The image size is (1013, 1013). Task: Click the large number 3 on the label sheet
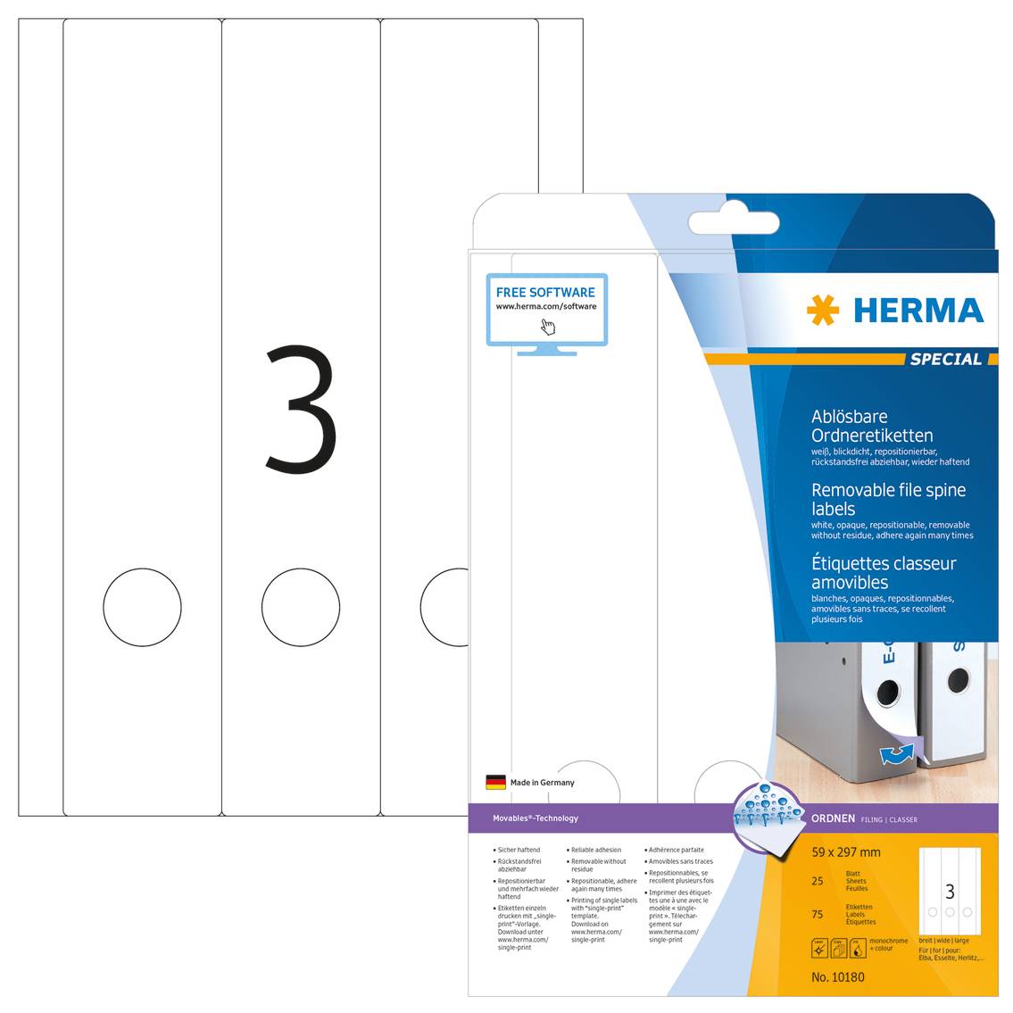pos(301,411)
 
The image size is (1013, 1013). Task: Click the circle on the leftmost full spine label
pos(142,608)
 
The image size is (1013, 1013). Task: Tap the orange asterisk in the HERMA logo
pos(822,311)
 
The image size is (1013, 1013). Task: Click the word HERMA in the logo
pos(918,311)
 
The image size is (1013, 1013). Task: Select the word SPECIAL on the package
pos(945,359)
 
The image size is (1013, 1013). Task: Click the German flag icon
pos(495,783)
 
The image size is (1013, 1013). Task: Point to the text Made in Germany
pos(542,783)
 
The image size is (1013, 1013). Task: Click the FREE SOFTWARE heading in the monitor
pos(545,293)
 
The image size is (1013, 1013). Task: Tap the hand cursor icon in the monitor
pos(547,327)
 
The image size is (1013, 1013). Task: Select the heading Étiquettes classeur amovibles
pos(883,572)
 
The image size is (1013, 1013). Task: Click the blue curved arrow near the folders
pos(896,753)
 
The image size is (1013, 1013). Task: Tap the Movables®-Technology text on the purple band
pos(536,818)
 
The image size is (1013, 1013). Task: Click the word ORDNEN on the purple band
pos(833,818)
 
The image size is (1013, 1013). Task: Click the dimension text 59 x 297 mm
pos(845,852)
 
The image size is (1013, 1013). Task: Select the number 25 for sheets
pos(818,881)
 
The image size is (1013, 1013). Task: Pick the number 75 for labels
pos(818,914)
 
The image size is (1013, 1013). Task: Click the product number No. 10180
pos(837,977)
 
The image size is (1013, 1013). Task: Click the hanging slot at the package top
pos(734,222)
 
